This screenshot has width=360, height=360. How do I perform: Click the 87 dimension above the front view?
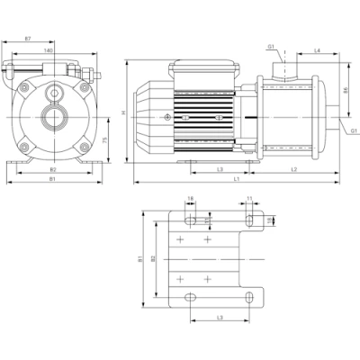[x=30, y=39]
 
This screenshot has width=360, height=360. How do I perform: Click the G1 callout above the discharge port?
[x=271, y=48]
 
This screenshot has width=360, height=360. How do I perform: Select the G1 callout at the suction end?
[x=354, y=131]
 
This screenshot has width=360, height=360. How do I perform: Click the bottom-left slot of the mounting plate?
[x=191, y=298]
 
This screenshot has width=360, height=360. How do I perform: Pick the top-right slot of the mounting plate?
[x=248, y=220]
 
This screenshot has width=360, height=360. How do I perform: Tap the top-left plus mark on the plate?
[x=182, y=240]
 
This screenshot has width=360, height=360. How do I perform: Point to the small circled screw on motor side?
[x=168, y=118]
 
